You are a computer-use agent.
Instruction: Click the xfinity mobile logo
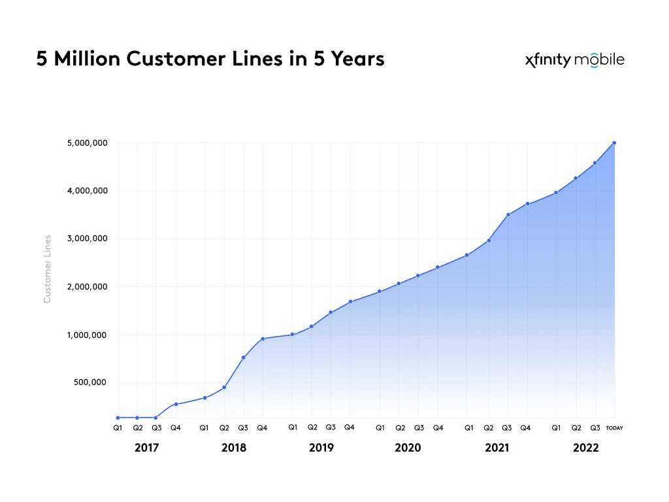(574, 60)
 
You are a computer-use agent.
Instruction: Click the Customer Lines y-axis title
(47, 269)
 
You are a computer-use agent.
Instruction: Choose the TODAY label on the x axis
(614, 428)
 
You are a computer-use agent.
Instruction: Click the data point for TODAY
(614, 142)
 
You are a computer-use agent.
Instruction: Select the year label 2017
(146, 448)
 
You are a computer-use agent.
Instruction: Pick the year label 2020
(408, 448)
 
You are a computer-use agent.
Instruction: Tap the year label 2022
(585, 448)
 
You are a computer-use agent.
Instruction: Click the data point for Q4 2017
(176, 404)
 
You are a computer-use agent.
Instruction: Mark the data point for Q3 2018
(243, 358)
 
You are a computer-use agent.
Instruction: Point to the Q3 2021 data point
(508, 214)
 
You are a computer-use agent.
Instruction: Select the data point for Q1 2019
(292, 334)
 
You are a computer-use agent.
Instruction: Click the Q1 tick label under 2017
(118, 428)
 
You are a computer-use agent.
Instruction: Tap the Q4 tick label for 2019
(350, 428)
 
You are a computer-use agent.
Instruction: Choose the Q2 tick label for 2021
(488, 428)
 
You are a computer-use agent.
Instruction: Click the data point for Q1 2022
(556, 192)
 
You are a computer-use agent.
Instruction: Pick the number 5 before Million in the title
(42, 59)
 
